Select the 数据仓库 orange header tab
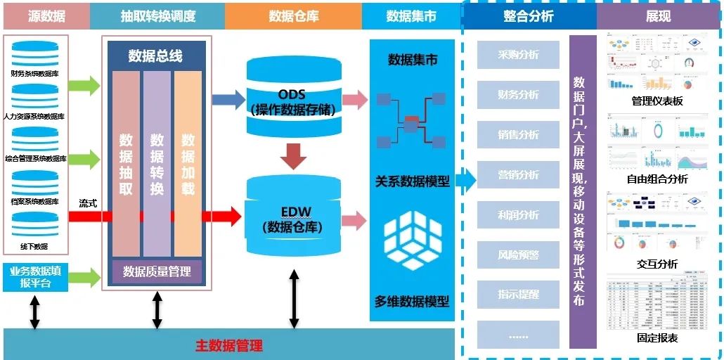click(x=293, y=15)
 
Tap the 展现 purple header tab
click(x=659, y=15)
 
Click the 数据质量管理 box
click(x=157, y=271)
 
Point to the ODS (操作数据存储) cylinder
click(x=291, y=98)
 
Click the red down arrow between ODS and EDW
click(x=292, y=155)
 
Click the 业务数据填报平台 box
click(x=35, y=277)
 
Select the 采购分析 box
click(x=518, y=54)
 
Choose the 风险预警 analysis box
click(x=518, y=255)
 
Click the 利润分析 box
click(x=518, y=214)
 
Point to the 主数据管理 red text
click(x=229, y=345)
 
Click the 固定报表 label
click(x=657, y=338)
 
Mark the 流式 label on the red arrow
click(x=88, y=203)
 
